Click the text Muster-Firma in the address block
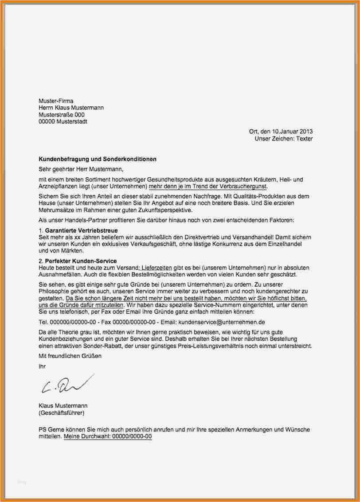(55, 101)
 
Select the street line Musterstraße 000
(61, 115)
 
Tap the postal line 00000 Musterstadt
(63, 121)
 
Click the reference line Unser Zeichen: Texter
(283, 139)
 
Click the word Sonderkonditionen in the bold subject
(132, 159)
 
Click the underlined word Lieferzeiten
(157, 268)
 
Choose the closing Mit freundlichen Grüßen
(70, 356)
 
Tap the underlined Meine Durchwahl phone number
(108, 436)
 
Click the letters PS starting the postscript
(43, 429)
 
